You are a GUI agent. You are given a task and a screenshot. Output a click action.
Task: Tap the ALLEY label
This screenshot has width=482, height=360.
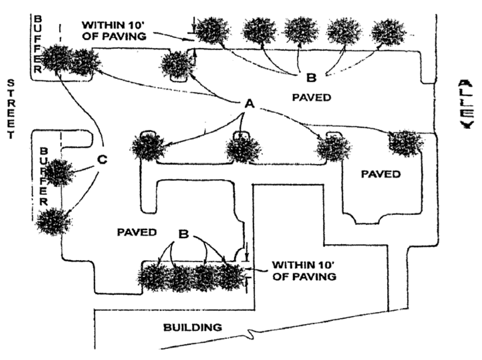click(466, 104)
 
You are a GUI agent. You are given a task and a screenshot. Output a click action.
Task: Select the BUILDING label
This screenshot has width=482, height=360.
click(192, 327)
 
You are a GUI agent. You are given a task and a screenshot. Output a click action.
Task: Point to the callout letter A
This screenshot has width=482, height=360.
click(249, 104)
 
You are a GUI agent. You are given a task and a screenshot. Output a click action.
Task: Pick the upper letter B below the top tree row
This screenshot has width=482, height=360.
click(311, 78)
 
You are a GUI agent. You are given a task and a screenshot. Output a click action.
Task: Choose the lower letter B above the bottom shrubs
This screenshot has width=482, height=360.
click(183, 234)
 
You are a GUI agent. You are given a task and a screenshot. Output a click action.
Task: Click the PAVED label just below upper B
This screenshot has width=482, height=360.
click(311, 98)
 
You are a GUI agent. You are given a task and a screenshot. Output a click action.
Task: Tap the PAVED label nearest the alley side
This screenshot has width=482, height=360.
click(381, 174)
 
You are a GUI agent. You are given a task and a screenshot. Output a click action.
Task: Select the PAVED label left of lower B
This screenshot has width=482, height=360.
click(137, 232)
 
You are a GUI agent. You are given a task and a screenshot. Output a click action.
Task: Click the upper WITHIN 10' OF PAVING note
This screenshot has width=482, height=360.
click(114, 30)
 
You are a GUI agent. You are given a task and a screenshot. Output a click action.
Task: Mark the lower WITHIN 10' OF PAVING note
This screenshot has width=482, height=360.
click(304, 271)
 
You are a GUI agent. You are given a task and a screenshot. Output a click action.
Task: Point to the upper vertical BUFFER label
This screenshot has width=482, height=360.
click(37, 43)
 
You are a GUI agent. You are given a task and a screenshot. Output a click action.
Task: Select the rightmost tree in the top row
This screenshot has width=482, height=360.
click(388, 32)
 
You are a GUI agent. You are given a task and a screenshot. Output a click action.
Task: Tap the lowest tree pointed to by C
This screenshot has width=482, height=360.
click(53, 221)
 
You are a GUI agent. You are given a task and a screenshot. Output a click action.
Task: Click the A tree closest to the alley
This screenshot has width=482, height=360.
click(406, 143)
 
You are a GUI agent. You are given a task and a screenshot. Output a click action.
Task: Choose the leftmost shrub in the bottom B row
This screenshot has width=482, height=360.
click(153, 277)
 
